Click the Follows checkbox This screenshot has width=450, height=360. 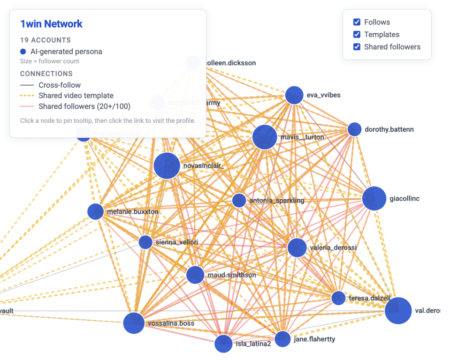357,22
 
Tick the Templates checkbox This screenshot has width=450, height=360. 357,34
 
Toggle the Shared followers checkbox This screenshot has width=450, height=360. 357,47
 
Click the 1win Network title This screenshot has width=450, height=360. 51,24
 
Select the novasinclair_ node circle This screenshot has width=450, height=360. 167,165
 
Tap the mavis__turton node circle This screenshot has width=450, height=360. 265,137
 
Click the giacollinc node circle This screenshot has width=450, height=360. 374,198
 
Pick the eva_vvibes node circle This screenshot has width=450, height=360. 295,95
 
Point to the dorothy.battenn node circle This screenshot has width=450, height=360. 354,129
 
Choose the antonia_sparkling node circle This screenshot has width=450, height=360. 239,201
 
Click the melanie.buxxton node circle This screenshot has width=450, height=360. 96,211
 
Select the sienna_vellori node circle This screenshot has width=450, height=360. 145,242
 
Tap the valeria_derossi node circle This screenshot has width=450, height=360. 297,247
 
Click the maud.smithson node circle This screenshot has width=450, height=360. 195,275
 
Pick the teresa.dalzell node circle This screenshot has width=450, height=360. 338,298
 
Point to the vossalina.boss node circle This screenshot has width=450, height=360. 134,323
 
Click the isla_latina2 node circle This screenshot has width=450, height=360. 223,344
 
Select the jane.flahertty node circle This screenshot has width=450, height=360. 283,339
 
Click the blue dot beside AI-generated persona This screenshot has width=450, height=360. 23,52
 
